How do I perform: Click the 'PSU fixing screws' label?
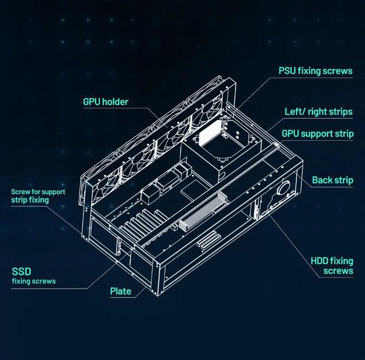(x=315, y=71)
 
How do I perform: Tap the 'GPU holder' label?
(x=106, y=102)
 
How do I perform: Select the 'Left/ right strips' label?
(x=319, y=112)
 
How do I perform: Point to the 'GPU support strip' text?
(x=318, y=134)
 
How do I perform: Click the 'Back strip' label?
(x=333, y=180)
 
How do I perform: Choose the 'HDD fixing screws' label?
(x=332, y=266)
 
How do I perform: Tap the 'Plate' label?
(x=120, y=291)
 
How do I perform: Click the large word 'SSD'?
(x=21, y=271)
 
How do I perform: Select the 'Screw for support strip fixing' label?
(x=38, y=196)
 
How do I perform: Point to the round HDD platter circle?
(x=283, y=187)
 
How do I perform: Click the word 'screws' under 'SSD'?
(x=45, y=281)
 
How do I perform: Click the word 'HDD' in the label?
(x=320, y=261)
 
